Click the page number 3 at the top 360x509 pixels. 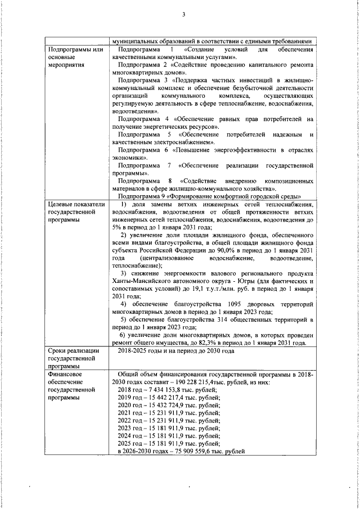coord(184,15)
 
